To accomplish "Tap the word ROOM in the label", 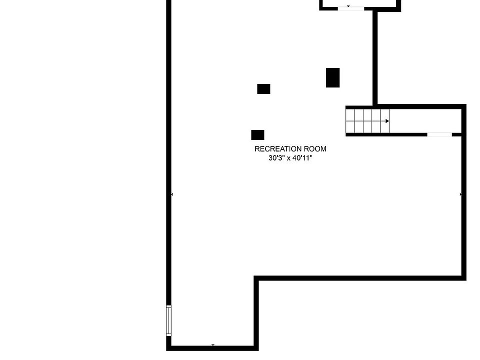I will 314,149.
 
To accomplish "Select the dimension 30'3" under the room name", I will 276,158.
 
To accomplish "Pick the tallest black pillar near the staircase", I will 332,77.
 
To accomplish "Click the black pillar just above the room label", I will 257,135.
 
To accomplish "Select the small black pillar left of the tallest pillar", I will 263,89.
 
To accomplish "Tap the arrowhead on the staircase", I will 387,121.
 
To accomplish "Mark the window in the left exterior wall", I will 169,320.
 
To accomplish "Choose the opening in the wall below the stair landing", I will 439,134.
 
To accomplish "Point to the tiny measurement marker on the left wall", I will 172,194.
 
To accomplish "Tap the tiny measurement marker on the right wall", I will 460,194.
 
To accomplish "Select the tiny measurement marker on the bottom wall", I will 213,345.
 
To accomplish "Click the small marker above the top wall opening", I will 348,6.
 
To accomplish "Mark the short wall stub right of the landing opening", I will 456,134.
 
